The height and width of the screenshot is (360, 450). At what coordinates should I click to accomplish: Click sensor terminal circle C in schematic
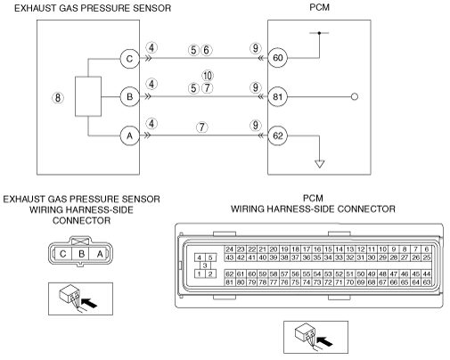click(130, 59)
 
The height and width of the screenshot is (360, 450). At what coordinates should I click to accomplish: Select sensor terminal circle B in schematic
click(130, 97)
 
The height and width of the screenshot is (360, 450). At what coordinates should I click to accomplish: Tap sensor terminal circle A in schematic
click(130, 135)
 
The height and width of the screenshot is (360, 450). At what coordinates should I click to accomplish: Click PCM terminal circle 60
click(277, 58)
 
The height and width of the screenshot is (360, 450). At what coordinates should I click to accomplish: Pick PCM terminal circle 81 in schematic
click(277, 97)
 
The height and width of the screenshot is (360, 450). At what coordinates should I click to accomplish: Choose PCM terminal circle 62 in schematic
click(277, 135)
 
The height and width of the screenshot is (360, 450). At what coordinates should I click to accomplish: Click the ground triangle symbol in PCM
click(320, 164)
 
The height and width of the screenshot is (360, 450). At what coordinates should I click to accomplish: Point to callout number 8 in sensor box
click(58, 98)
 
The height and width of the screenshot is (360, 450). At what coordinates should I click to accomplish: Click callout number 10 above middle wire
click(208, 76)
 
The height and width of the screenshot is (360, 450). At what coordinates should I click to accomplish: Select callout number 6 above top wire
click(206, 50)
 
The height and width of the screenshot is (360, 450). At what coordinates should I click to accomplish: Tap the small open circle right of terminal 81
click(355, 97)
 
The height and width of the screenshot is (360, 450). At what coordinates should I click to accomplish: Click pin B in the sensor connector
click(81, 254)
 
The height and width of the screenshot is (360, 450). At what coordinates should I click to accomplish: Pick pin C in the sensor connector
click(63, 254)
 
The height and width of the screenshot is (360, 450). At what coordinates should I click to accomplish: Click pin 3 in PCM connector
click(205, 266)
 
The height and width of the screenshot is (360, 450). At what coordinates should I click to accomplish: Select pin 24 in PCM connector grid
click(230, 250)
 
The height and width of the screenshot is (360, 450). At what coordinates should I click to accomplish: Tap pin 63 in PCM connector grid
click(426, 282)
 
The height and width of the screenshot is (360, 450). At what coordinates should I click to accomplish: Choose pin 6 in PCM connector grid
click(426, 250)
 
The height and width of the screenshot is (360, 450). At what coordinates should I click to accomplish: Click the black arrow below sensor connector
click(89, 303)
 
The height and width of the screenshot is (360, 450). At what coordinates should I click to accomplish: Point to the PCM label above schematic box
click(319, 7)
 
